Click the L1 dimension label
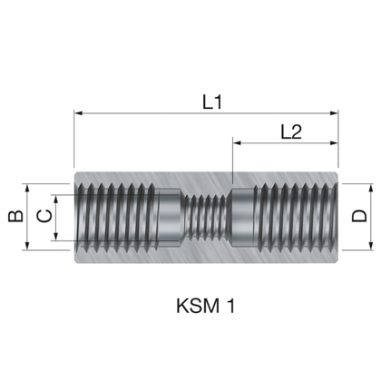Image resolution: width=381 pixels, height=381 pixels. (x=211, y=103)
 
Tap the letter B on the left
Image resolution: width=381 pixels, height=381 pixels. (x=14, y=217)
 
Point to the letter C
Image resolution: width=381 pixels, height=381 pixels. (x=42, y=217)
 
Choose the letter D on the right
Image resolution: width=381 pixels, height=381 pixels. (x=360, y=217)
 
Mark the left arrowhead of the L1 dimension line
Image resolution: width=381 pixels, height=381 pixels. (x=79, y=114)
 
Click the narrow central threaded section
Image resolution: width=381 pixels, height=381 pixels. (x=207, y=217)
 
